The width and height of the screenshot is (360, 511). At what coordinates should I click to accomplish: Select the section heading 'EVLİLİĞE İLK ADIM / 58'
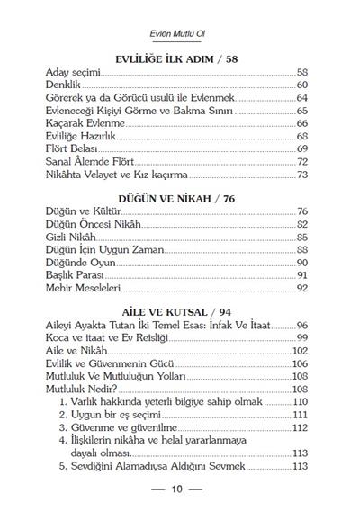coord(176,56)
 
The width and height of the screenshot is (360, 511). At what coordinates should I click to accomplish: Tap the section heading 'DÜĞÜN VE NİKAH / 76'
coord(176,195)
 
